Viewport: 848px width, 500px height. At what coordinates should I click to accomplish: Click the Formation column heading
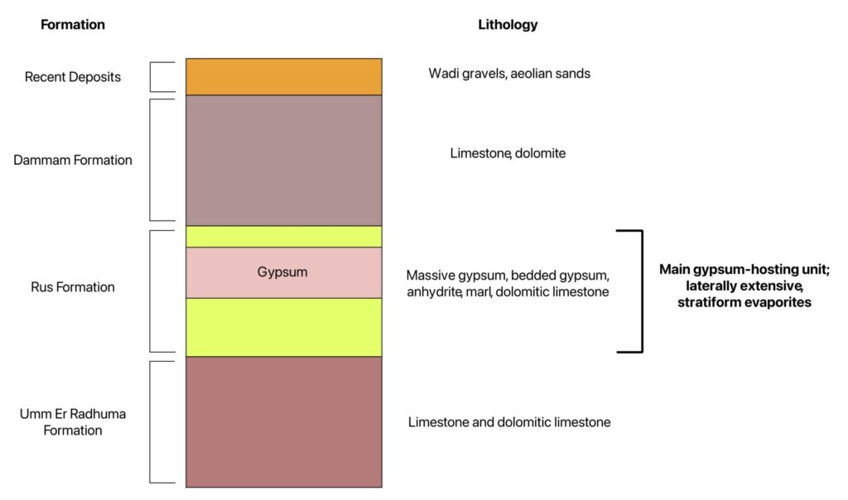coord(73,25)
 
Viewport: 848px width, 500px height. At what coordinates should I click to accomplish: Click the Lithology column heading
coord(508,25)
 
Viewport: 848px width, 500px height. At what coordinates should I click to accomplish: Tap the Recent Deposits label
coord(73,77)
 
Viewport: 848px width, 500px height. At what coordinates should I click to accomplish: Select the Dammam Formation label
coord(73,160)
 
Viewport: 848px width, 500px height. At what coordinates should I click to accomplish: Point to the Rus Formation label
coord(73,288)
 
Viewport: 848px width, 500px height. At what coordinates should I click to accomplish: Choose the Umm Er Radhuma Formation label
coord(73,422)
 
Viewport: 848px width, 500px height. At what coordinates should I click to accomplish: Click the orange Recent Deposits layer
coord(283,77)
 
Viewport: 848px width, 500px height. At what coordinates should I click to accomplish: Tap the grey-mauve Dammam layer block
coord(283,160)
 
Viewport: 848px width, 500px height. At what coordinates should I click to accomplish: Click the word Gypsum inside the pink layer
coord(283,272)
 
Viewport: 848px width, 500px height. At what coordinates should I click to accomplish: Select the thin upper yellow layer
coord(283,237)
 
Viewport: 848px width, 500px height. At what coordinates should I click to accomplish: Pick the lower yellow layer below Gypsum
coord(283,327)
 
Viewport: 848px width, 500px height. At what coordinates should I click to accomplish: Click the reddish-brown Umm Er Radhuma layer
coord(283,421)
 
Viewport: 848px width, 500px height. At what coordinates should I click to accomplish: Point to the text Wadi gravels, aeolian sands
coord(509,74)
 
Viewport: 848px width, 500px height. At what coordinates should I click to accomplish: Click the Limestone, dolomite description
coord(508,153)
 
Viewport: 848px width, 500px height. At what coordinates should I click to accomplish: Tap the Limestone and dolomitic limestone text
coord(509,422)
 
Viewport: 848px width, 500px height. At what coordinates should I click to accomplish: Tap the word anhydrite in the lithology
coord(434,292)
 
